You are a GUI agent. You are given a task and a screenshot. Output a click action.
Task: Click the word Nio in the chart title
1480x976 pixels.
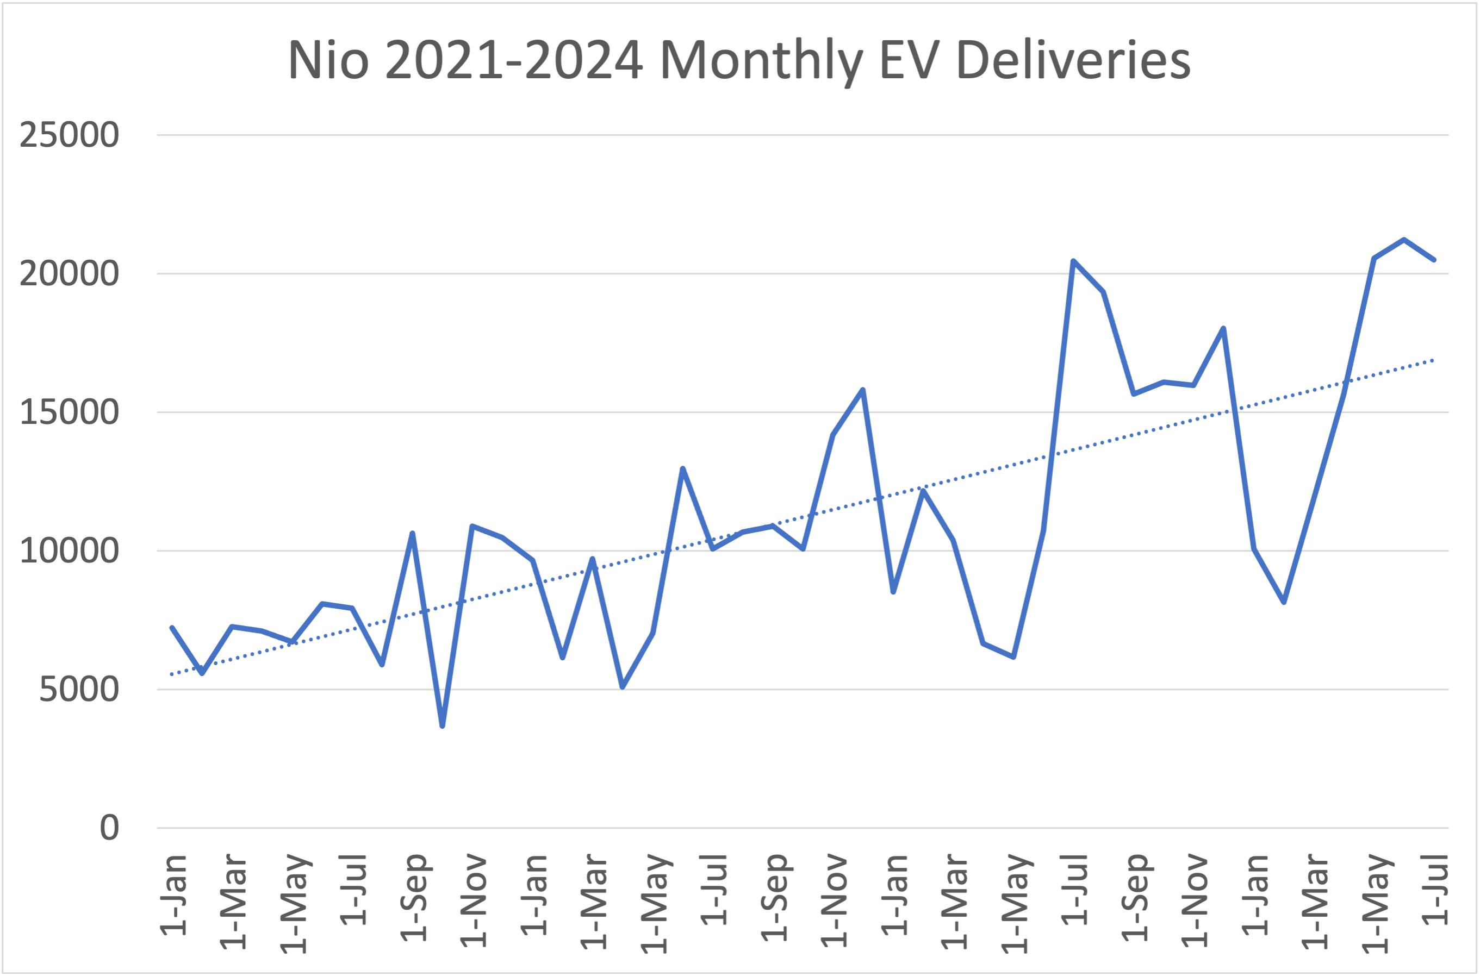tap(328, 60)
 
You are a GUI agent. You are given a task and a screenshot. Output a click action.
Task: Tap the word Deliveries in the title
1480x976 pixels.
tap(1073, 60)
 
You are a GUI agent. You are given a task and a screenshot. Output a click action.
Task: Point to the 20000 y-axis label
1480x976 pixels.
tap(69, 273)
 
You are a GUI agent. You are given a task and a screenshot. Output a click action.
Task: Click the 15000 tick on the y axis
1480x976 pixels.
tap(69, 412)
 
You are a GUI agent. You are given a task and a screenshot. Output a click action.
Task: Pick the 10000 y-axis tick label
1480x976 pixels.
tap(69, 551)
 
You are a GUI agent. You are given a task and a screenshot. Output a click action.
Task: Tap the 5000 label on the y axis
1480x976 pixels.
tap(78, 689)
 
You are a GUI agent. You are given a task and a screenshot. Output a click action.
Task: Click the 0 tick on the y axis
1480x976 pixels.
tap(109, 828)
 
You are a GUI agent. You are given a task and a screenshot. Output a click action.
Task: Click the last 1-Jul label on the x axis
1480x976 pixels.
tap(1436, 890)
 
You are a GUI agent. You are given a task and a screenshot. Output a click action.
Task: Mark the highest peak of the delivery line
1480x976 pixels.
tap(1404, 240)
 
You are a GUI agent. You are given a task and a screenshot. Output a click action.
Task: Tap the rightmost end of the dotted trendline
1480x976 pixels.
tap(1433, 360)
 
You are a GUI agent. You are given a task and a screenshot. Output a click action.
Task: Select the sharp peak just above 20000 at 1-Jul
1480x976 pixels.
tap(1073, 261)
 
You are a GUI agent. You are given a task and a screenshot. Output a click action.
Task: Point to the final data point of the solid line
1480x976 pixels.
tap(1434, 260)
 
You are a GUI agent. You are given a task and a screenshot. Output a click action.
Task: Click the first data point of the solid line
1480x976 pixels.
tap(172, 628)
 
